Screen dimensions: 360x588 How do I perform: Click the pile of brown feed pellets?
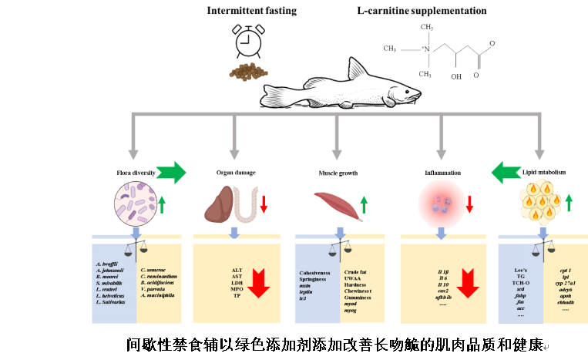coord(247,72)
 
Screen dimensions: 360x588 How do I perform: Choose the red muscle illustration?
coord(337,205)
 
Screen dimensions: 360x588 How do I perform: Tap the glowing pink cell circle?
coord(442,204)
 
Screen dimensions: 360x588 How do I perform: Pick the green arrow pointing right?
coord(171,172)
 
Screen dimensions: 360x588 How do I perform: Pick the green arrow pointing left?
coord(506,172)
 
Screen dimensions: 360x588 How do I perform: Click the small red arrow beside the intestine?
coord(264,204)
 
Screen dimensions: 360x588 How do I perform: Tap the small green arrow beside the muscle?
coord(364,204)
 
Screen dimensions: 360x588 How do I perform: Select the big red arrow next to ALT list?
coord(258,283)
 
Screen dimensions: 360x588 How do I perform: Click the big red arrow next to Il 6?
coord(468,283)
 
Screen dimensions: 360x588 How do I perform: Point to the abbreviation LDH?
coord(237,283)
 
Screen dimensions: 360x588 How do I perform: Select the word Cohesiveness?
coord(314,273)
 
